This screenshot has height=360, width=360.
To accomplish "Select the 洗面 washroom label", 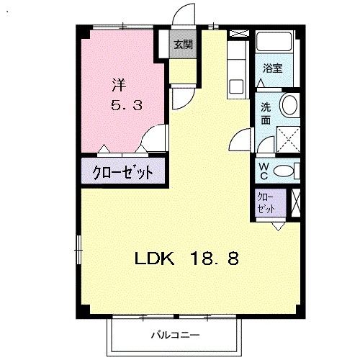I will point(266,113).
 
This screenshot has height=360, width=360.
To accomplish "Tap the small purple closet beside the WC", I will point(265,202).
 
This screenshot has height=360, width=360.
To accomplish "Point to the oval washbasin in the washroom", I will point(289,105).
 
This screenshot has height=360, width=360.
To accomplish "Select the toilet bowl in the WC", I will point(284,171).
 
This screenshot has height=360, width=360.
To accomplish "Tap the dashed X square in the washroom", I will point(289,138).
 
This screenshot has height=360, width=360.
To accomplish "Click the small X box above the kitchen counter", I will point(238,34).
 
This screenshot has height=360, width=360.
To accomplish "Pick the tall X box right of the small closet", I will point(295,202).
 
